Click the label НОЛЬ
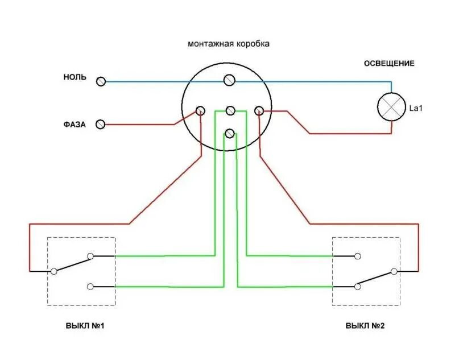pos(75,77)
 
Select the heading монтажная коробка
pos(229,44)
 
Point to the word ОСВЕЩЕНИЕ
pos(389,63)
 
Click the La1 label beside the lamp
pos(416,107)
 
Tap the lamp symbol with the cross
pos(392,106)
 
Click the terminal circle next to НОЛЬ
pos(101,81)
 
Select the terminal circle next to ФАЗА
pos(101,123)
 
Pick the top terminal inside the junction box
pos(230,80)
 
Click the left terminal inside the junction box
pos(201,110)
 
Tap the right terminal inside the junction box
pos(259,110)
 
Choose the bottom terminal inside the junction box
pos(230,134)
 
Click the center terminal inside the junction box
pos(230,110)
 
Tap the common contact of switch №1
pos(54,271)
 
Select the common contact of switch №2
pos(393,271)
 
